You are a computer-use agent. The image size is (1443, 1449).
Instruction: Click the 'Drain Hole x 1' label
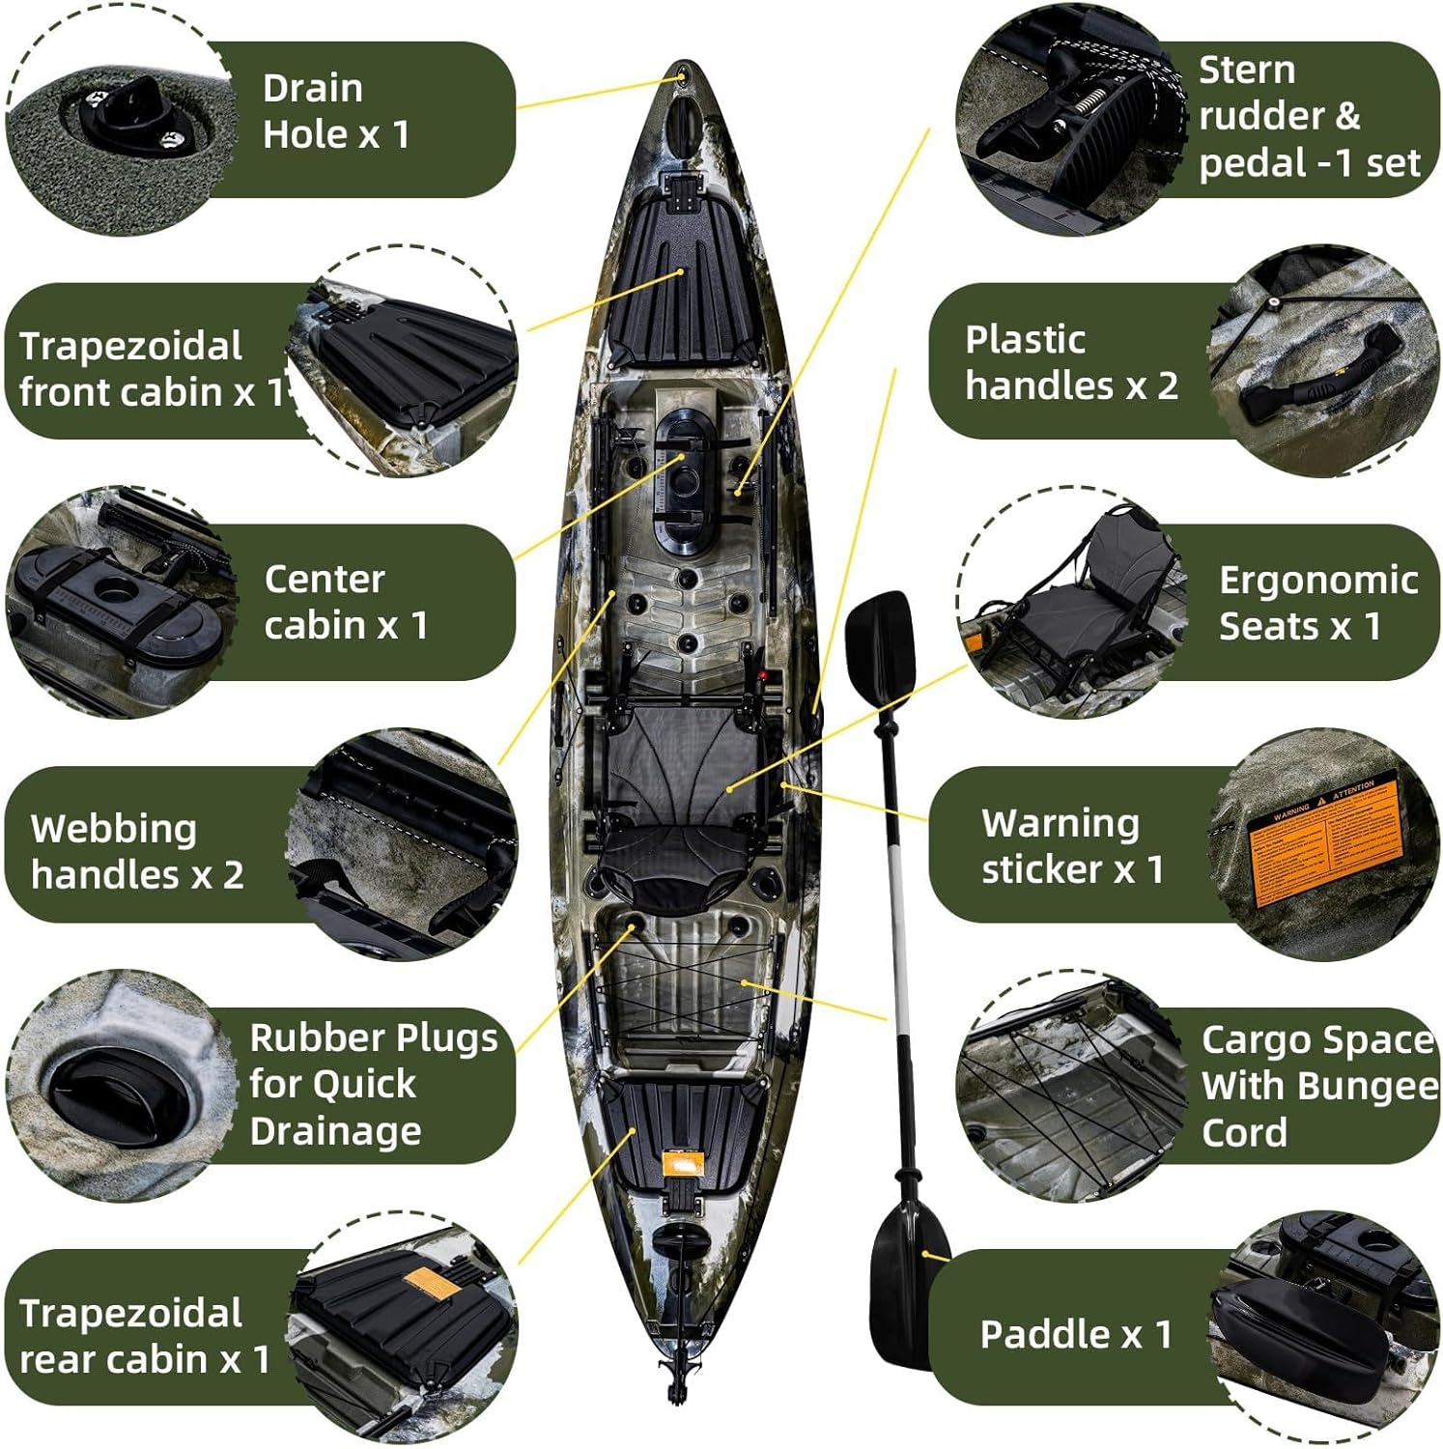click(335, 111)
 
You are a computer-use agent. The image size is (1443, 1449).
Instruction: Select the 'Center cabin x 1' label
click(346, 602)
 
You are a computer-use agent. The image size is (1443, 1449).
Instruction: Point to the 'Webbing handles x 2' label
click(136, 851)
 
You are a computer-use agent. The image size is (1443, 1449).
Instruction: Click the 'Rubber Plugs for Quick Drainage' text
click(373, 1084)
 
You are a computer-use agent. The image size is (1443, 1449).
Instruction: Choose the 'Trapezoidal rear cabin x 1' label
click(144, 1335)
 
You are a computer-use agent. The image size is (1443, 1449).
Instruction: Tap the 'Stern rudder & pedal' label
click(1308, 116)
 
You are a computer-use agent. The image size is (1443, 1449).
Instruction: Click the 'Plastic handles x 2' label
click(1070, 362)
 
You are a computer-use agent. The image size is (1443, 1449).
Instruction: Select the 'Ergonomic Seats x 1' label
click(1317, 603)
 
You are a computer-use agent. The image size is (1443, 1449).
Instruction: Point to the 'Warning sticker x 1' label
click(1071, 845)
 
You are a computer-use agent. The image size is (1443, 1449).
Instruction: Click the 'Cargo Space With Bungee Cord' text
click(1317, 1086)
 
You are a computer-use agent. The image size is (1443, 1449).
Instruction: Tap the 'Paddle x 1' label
click(1075, 1334)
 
